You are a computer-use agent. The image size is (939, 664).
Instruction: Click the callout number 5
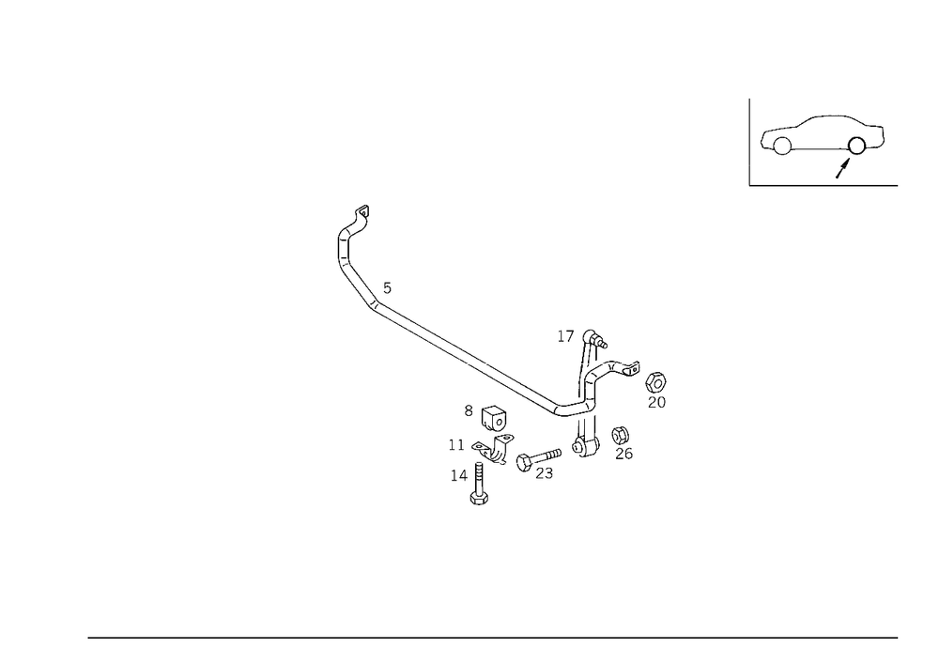coord(388,288)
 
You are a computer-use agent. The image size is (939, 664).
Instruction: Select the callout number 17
coord(565,336)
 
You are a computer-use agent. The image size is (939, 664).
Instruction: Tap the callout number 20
coord(656,402)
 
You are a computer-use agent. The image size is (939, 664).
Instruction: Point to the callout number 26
coord(623,454)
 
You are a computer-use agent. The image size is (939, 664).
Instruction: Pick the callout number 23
coord(544,473)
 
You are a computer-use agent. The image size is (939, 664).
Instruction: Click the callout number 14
coord(459,475)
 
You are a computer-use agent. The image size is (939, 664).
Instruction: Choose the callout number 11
coord(456,445)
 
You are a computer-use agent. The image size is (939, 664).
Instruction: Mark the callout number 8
coord(469,410)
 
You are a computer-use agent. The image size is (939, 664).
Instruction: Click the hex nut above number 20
coord(656,381)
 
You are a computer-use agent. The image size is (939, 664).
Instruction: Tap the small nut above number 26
coord(620,435)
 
